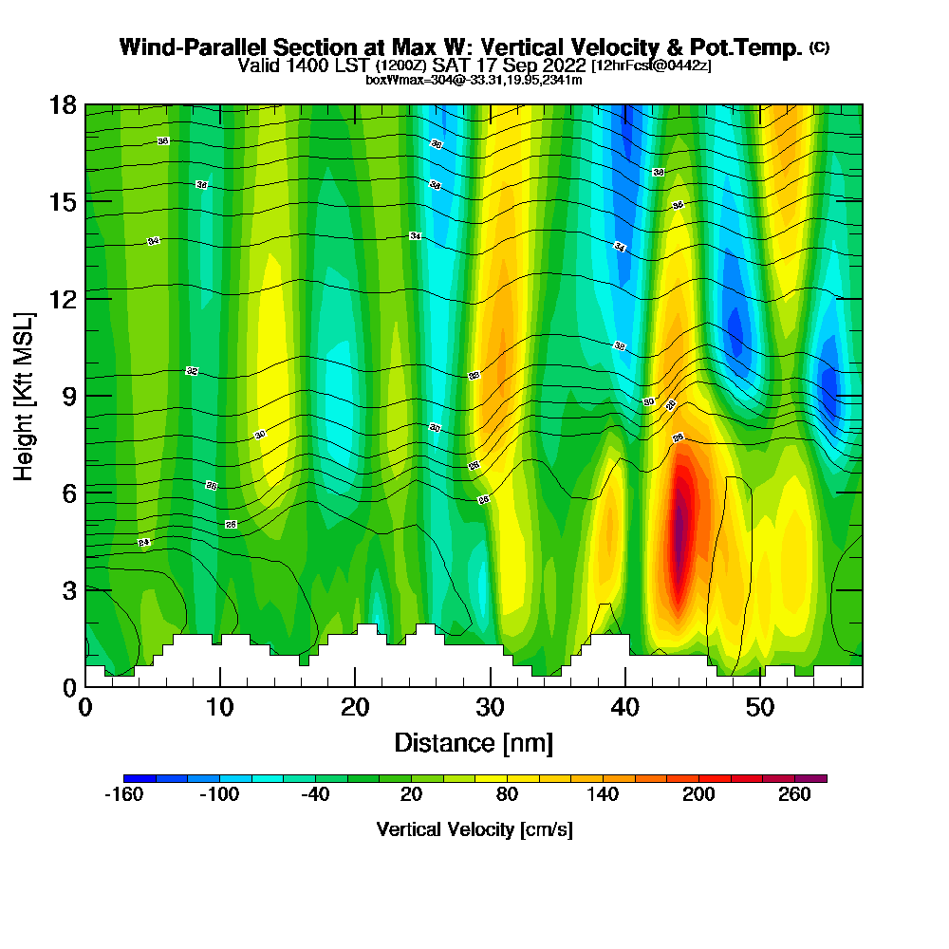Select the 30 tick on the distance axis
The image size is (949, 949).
490,708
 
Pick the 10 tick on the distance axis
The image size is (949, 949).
220,708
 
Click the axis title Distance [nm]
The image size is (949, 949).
474,742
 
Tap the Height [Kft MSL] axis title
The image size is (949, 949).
25,395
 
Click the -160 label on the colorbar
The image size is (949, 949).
123,795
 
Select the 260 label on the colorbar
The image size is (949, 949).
794,795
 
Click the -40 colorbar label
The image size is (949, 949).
315,795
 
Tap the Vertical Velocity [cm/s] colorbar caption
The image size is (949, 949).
474,829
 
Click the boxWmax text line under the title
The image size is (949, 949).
474,80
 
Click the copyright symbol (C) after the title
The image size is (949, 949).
819,47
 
